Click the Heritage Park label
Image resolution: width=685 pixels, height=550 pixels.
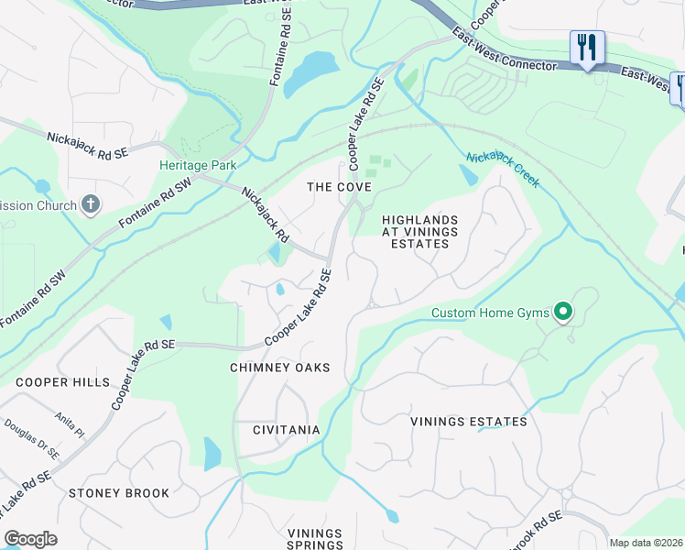(198, 165)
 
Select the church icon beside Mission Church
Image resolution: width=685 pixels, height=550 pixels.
(90, 204)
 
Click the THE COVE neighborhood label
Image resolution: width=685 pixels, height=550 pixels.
(339, 187)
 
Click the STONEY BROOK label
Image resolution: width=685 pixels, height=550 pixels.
(119, 493)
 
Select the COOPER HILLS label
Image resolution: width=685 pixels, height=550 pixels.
(62, 382)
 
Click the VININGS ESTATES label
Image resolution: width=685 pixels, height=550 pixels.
(469, 422)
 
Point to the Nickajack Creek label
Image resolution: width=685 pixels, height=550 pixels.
(503, 170)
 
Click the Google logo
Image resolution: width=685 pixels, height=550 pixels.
(30, 539)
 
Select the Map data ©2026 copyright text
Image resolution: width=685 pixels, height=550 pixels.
(646, 543)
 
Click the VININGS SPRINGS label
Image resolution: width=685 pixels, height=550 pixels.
(314, 539)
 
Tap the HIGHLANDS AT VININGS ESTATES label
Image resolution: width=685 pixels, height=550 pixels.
(419, 233)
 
